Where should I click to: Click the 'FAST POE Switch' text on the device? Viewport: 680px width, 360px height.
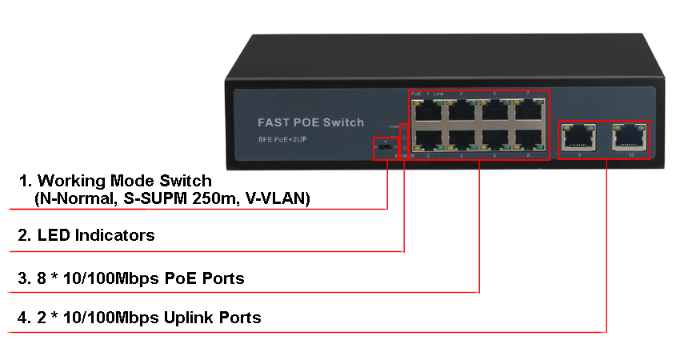(310, 122)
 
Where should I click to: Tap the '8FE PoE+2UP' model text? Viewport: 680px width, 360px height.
(286, 141)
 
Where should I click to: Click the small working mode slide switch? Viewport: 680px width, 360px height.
(386, 147)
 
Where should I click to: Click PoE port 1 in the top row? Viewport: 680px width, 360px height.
(428, 110)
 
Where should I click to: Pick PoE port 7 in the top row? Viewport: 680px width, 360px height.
(528, 110)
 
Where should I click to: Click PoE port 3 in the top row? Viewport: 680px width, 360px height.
(462, 110)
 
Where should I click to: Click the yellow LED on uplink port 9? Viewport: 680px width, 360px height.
(566, 126)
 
